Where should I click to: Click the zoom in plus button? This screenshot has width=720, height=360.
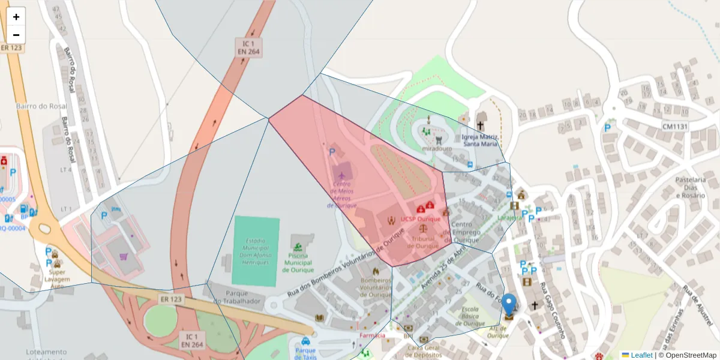click(x=16, y=17)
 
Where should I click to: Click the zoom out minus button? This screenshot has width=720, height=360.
click(x=16, y=35)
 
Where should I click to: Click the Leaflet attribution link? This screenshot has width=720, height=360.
click(x=641, y=355)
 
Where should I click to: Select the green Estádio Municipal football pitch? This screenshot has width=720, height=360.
click(x=256, y=251)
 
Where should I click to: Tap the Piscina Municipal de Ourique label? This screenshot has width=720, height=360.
click(x=298, y=262)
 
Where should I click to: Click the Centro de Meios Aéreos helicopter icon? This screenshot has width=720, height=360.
click(x=341, y=175)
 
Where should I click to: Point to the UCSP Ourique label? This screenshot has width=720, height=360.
click(x=421, y=220)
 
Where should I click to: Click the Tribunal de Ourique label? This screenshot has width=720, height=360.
click(x=424, y=242)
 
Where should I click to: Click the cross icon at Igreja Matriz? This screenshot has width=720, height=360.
click(x=480, y=126)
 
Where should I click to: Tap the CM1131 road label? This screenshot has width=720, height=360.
click(x=674, y=127)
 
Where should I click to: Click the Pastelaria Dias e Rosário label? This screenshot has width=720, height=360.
click(x=690, y=187)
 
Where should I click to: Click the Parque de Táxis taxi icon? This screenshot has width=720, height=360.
click(x=305, y=341)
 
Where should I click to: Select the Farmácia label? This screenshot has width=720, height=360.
click(x=372, y=335)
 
